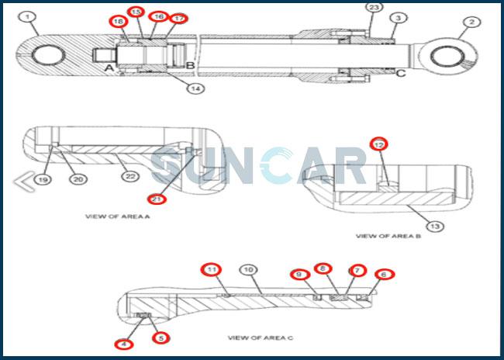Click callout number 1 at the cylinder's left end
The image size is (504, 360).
tap(29, 16)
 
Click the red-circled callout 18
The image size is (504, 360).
tap(119, 22)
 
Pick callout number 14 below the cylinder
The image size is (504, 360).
tap(196, 88)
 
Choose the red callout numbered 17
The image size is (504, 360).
tap(178, 18)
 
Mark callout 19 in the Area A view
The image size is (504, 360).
tap(42, 179)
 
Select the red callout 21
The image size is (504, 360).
tap(157, 199)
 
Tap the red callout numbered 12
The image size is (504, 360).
tap(378, 144)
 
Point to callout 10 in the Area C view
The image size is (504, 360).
tap(247, 270)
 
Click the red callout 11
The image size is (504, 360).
tap(211, 270)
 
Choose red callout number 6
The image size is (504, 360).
tap(381, 275)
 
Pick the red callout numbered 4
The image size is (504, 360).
tap(123, 344)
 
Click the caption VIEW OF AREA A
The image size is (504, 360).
tap(117, 216)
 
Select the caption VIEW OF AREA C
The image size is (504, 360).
tap(259, 337)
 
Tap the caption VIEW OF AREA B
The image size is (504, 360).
tap(388, 236)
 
